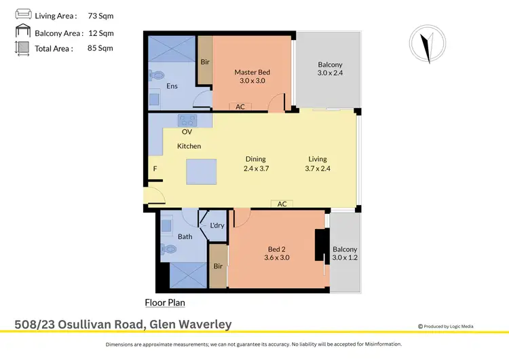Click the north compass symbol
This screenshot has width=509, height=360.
pyautogui.click(x=426, y=47)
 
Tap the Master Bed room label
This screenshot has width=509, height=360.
pyautogui.click(x=252, y=72)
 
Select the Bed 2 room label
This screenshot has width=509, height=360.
pyautogui.click(x=278, y=249)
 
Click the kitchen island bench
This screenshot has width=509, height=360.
pyautogui.click(x=202, y=172)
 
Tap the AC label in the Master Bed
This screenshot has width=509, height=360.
pyautogui.click(x=240, y=107)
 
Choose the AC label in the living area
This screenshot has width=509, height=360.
pyautogui.click(x=282, y=204)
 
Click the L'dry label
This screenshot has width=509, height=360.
pyautogui.click(x=217, y=226)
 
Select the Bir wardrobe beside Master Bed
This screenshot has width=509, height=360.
pyautogui.click(x=205, y=62)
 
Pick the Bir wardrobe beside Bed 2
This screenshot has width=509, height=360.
pyautogui.click(x=218, y=266)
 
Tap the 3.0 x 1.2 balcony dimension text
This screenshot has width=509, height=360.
pyautogui.click(x=345, y=257)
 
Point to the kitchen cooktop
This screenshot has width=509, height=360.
pyautogui.click(x=187, y=120)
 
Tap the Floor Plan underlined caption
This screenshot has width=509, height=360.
pyautogui.click(x=165, y=303)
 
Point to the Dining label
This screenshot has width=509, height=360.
pyautogui.click(x=256, y=159)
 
